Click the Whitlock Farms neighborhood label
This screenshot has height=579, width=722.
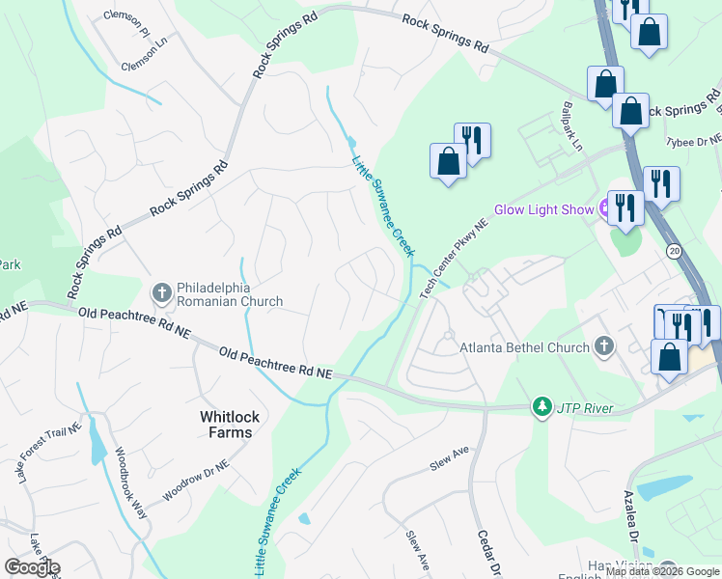226,425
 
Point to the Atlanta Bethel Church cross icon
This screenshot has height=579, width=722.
604,345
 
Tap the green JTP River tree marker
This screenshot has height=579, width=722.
543,407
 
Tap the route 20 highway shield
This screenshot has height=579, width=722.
673,251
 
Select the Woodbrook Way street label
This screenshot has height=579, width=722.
132,482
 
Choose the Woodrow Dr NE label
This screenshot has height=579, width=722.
196,479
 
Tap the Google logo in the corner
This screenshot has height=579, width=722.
31,566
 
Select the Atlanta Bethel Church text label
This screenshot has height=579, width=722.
524,346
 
